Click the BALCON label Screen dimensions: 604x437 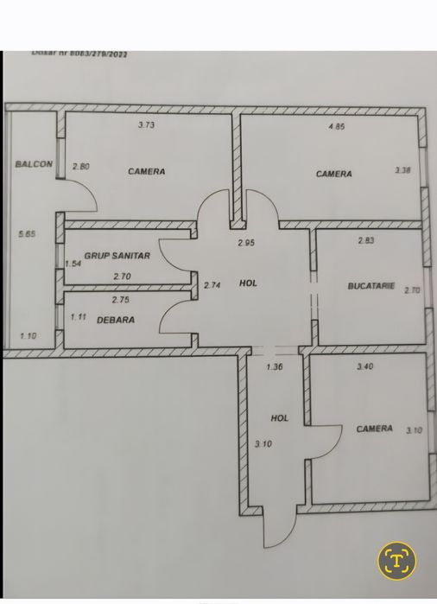tap(34, 164)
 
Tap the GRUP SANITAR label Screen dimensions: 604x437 tap(117, 256)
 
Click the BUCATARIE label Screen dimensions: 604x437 tap(370, 285)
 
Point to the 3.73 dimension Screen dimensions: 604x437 tap(148, 125)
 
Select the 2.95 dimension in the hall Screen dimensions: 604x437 tap(247, 243)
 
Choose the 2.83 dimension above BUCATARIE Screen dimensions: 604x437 tap(367, 241)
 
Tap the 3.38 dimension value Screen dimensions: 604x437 tap(402, 171)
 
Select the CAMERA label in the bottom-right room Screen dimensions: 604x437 tap(374, 429)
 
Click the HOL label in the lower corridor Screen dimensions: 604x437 tap(279, 417)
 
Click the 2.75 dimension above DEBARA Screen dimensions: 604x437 tap(121, 300)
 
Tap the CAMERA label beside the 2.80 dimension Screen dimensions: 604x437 tap(146, 171)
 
